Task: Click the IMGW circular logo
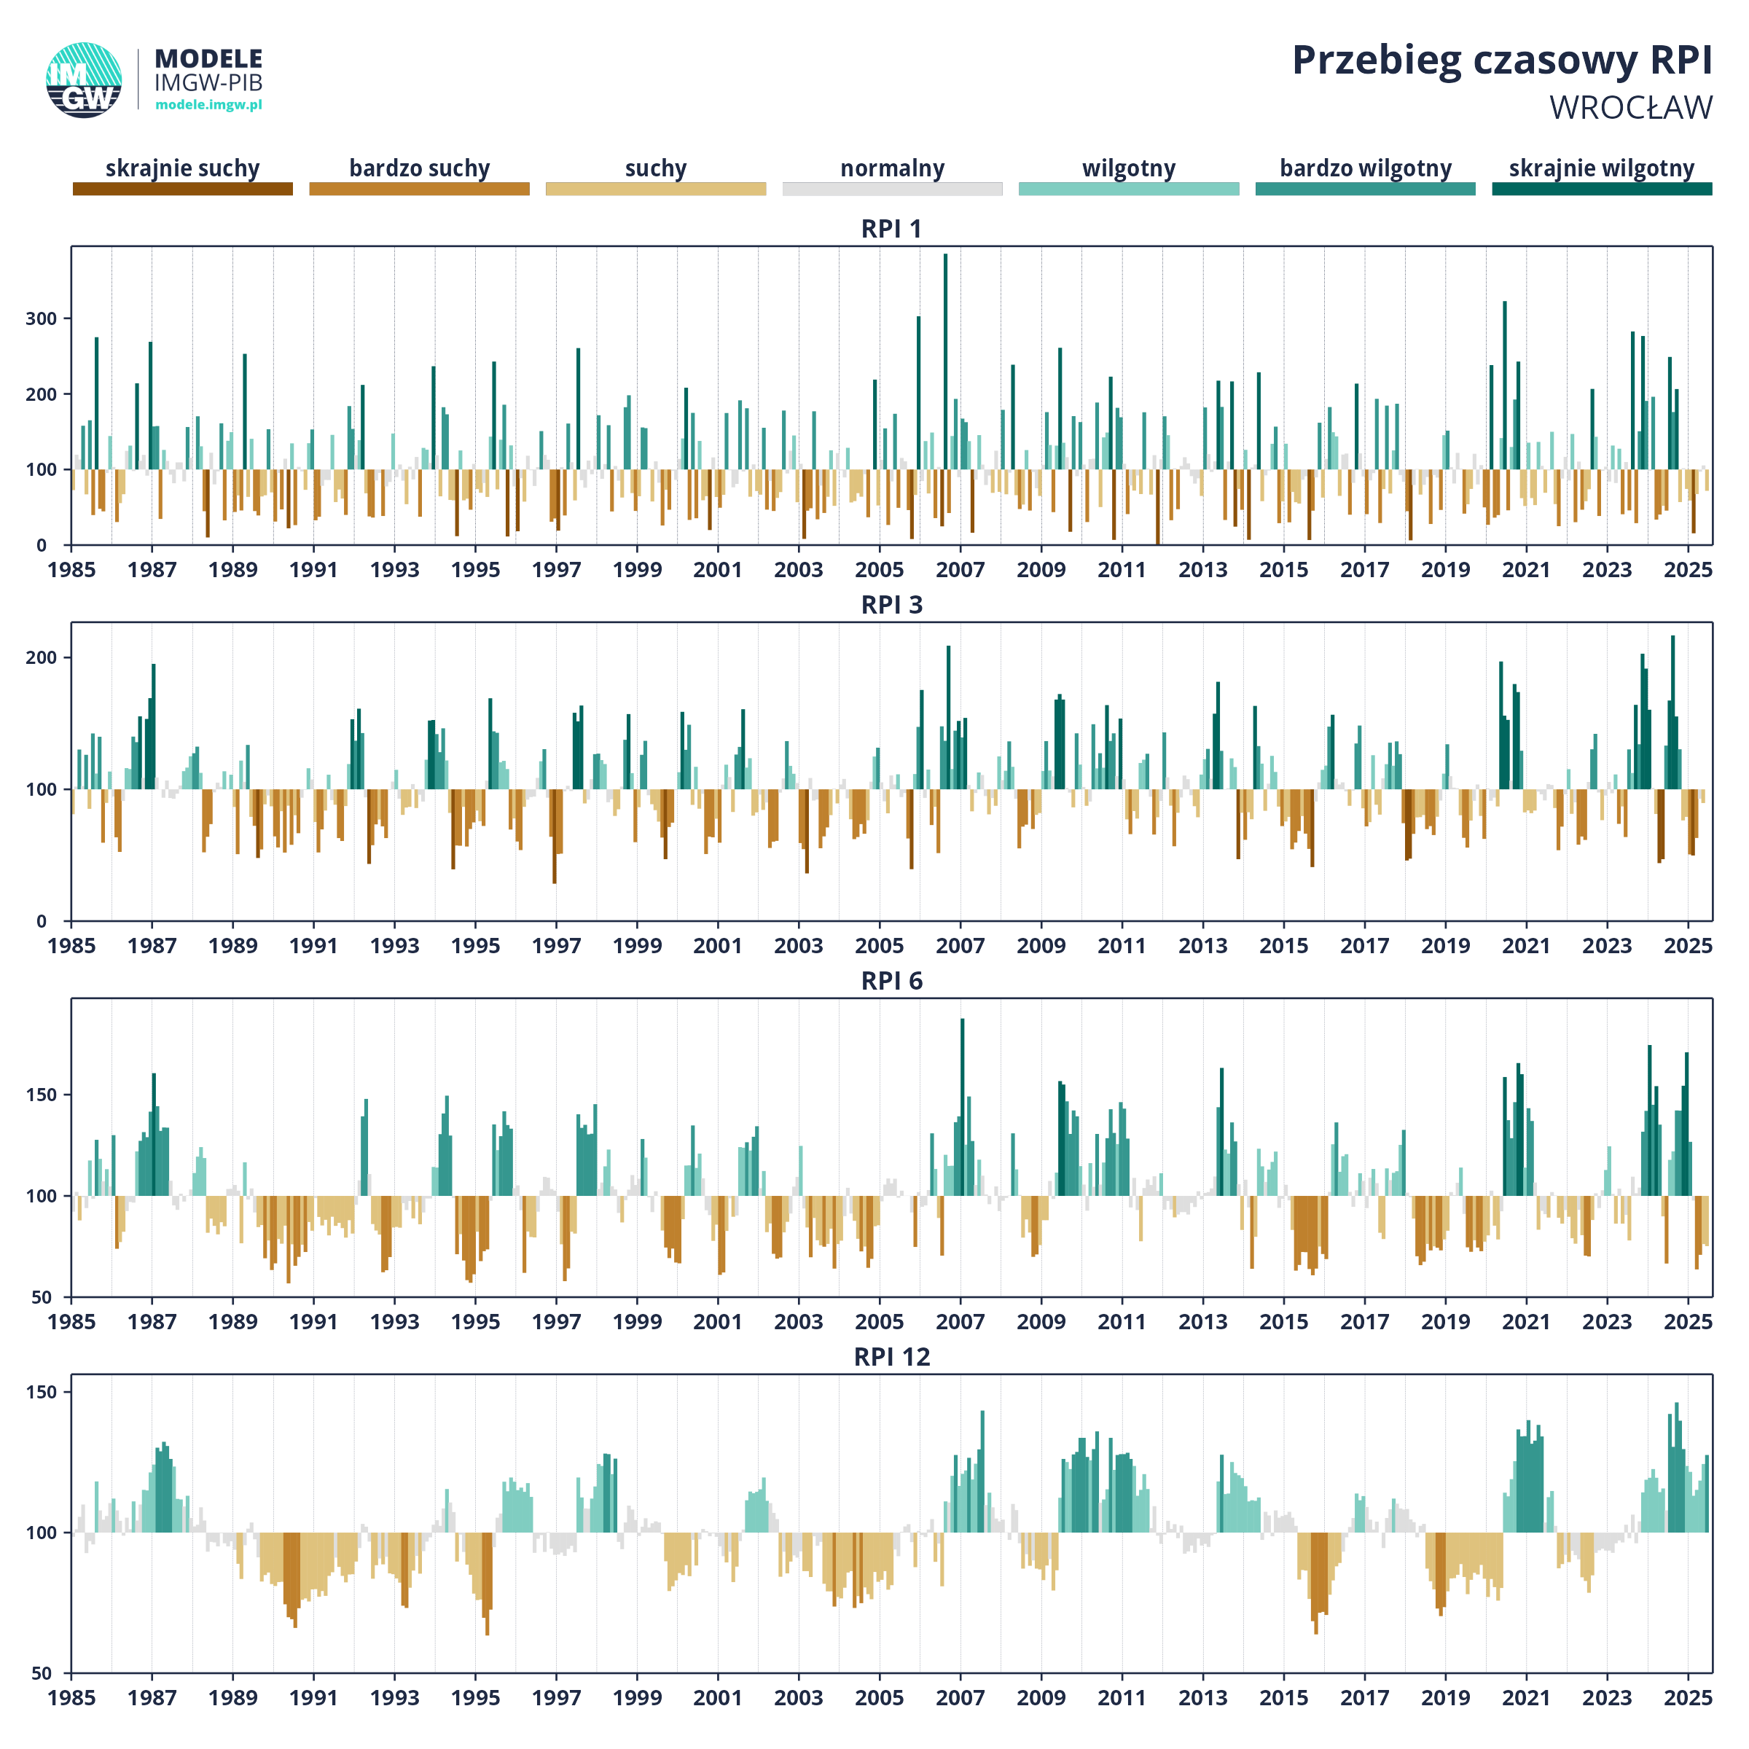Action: [85, 79]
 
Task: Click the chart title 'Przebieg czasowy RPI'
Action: [1502, 60]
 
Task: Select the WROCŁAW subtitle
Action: [1630, 108]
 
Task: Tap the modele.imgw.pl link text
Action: [209, 104]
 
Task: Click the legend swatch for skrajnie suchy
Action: [183, 188]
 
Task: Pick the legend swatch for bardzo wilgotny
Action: [1365, 188]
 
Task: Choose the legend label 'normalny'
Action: [893, 168]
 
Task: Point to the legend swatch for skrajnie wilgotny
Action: [1603, 188]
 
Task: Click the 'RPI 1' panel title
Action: [892, 229]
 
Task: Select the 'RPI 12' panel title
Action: [892, 1357]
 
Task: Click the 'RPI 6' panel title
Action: [892, 982]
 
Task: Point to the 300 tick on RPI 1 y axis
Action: [42, 318]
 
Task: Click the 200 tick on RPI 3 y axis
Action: [42, 658]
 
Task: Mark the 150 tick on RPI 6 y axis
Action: [42, 1095]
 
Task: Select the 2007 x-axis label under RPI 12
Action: [960, 1698]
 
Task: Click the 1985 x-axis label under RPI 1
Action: [71, 571]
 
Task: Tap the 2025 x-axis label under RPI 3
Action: [1689, 946]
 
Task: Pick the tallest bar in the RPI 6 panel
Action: [962, 1107]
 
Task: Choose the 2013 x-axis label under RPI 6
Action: [1203, 1323]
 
